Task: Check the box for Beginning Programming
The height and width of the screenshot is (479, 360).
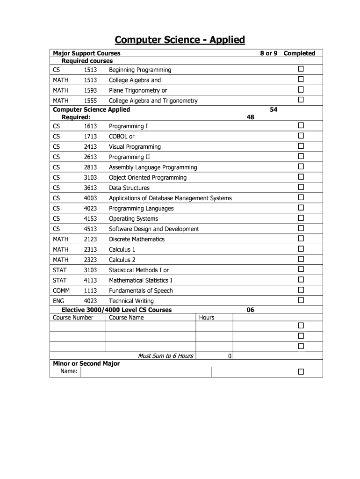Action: [x=301, y=69]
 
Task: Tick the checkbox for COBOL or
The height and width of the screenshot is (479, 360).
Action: [x=301, y=136]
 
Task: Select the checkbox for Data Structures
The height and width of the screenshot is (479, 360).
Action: [x=301, y=187]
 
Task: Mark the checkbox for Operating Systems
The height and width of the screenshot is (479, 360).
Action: [x=301, y=218]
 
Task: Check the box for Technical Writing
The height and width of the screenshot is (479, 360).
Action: [x=301, y=300]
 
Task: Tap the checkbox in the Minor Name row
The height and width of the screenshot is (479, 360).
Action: [x=301, y=372]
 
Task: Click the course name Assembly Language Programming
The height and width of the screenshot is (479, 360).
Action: [x=153, y=167]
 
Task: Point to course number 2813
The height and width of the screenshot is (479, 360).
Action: [x=90, y=167]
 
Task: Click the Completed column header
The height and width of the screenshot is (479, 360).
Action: [x=299, y=53]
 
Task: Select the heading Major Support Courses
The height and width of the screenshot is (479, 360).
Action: [x=86, y=53]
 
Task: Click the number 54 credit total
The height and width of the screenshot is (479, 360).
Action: [x=274, y=109]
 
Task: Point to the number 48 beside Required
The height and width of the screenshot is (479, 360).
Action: [x=251, y=117]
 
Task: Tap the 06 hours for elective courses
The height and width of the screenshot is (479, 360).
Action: [x=251, y=310]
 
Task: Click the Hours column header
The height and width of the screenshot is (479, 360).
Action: [x=207, y=318]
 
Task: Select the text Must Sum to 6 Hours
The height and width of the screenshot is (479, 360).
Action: [x=166, y=356]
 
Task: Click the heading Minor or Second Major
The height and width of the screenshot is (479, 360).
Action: [x=86, y=363]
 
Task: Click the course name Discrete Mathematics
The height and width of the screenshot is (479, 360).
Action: [x=137, y=239]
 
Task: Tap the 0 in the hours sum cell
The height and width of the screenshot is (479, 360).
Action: [x=230, y=356]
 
